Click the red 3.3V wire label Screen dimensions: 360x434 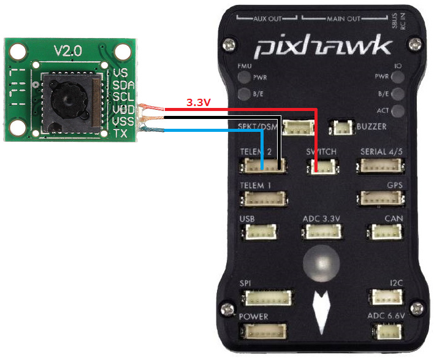tap(198, 103)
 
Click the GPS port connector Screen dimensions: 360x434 tap(380, 199)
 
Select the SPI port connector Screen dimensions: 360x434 tap(267, 298)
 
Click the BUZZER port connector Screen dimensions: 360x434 tap(341, 128)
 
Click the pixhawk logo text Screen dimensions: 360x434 tap(323, 47)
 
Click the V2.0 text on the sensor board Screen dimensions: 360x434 tap(67, 52)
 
